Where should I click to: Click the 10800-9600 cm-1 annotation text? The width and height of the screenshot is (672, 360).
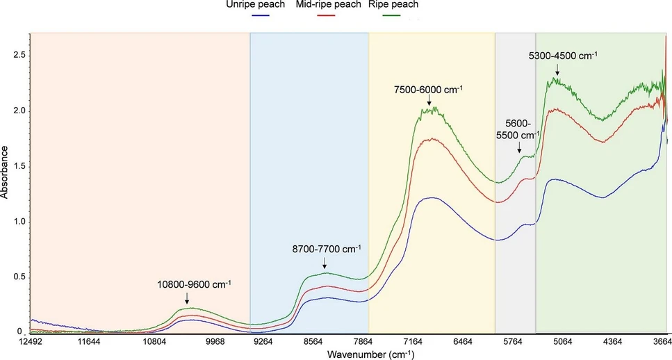194,284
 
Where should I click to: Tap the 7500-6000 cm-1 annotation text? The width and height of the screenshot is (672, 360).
429,90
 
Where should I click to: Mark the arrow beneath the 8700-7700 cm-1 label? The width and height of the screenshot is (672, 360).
325,262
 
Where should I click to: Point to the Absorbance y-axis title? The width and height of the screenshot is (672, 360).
5,172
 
